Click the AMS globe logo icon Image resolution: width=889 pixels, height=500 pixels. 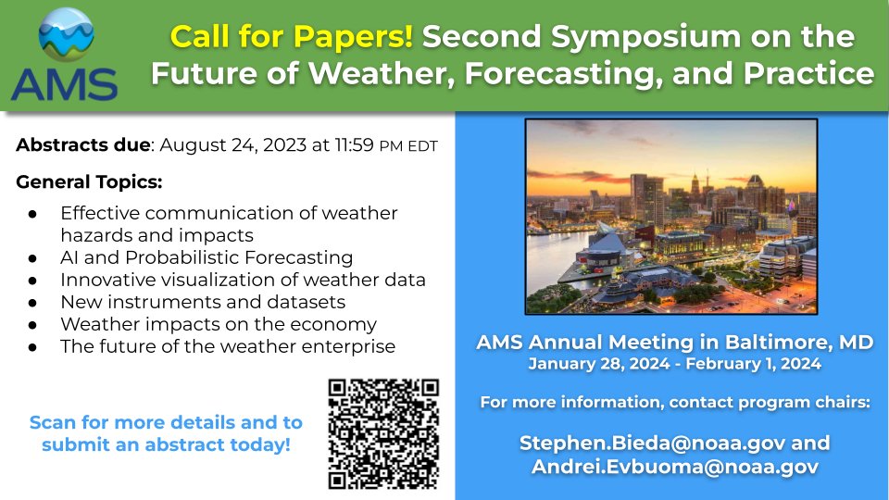pyautogui.click(x=66, y=36)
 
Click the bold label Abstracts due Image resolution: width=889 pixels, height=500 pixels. pyautogui.click(x=82, y=145)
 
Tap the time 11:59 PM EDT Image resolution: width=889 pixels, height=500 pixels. pyautogui.click(x=381, y=145)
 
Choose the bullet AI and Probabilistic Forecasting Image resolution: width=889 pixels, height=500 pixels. pyautogui.click(x=207, y=256)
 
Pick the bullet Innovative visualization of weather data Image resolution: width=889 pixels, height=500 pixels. pyautogui.click(x=243, y=279)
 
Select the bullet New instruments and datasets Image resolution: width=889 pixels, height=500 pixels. pyautogui.click(x=202, y=302)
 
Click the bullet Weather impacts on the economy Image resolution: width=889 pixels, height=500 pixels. pyautogui.click(x=218, y=324)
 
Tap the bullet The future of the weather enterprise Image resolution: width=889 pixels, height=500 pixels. pyautogui.click(x=227, y=346)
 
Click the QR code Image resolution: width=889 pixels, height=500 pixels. pyautogui.click(x=383, y=433)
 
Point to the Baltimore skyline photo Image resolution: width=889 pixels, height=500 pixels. pyautogui.click(x=670, y=217)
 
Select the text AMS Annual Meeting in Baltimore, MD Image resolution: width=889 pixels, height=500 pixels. pyautogui.click(x=674, y=342)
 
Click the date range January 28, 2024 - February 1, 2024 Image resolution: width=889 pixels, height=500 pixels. pyautogui.click(x=674, y=364)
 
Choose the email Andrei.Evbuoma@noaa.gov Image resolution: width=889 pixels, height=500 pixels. pyautogui.click(x=674, y=467)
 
